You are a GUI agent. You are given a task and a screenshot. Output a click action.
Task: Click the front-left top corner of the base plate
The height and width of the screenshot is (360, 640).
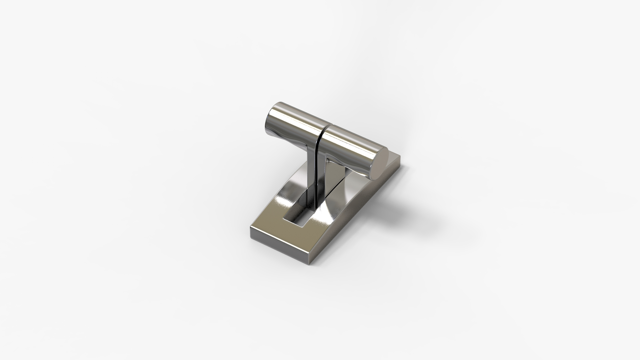pyautogui.click(x=252, y=228)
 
